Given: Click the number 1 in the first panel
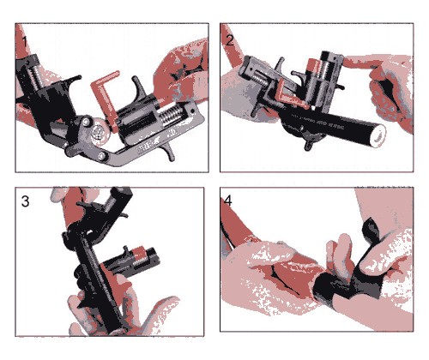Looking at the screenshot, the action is (25, 42).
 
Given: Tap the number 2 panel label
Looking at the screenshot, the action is (230, 40).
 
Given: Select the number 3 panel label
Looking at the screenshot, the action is (25, 201).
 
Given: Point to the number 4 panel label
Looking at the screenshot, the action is (228, 201).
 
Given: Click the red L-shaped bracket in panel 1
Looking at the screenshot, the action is (106, 94).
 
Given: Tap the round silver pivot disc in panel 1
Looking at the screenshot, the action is (100, 132).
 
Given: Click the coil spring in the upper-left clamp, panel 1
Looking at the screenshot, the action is (34, 76).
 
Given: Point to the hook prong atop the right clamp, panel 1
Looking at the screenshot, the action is (139, 86).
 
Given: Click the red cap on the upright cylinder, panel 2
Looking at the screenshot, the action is (314, 68).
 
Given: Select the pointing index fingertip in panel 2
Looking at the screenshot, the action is (349, 62).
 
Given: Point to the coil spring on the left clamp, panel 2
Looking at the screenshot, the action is (259, 77).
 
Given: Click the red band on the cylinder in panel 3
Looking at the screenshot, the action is (138, 253).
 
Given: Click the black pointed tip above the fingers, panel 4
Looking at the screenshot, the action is (371, 229).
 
